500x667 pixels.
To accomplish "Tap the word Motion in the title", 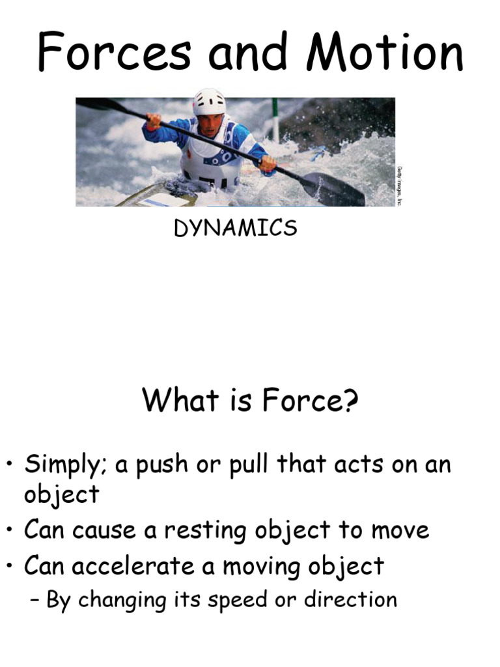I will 386,53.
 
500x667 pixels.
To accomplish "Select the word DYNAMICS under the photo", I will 235,229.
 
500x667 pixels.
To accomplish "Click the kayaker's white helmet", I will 209,102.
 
